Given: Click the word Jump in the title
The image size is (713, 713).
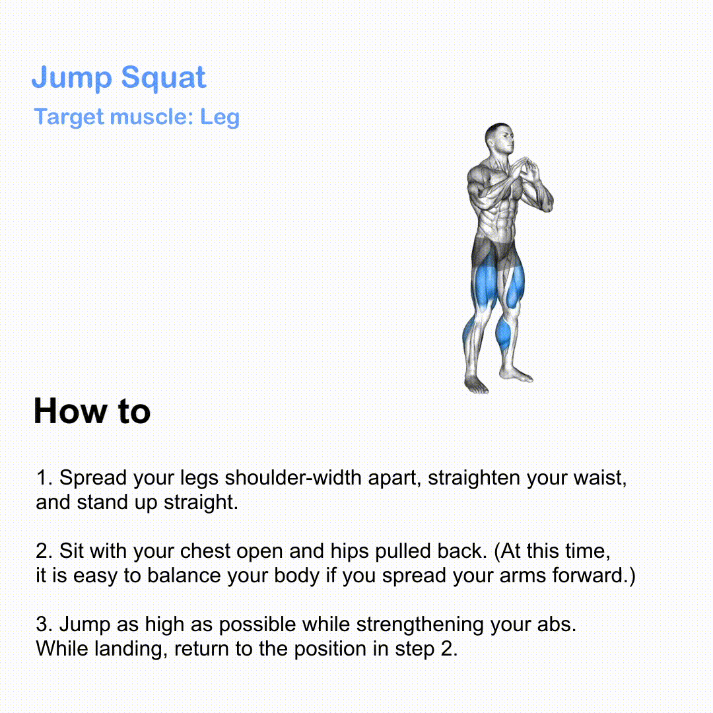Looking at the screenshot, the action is (71, 78).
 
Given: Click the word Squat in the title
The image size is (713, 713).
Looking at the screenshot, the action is (164, 78).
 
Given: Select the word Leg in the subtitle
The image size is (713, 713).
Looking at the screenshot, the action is (220, 118).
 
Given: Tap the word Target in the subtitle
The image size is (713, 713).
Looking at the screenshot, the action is (69, 118).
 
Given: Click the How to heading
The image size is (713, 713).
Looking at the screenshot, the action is (92, 411).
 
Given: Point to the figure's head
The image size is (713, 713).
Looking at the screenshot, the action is (500, 139).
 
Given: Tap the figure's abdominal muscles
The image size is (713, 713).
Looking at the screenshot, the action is (501, 219).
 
